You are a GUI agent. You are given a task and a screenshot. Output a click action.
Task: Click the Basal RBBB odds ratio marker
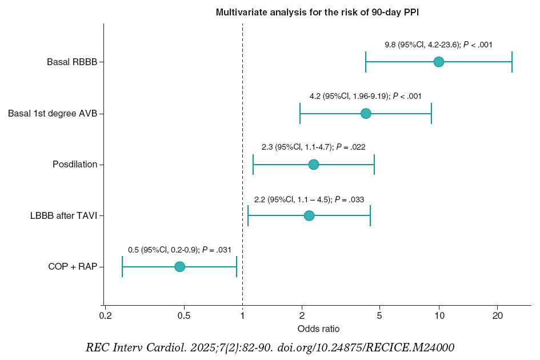pos(438,62)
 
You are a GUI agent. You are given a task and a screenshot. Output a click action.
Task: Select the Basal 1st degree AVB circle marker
pos(366,113)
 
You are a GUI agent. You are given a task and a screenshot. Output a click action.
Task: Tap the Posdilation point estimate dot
pos(313,165)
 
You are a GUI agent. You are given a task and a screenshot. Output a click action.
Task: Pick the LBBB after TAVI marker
pos(309,215)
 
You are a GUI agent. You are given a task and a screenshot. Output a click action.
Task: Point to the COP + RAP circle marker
pos(179,267)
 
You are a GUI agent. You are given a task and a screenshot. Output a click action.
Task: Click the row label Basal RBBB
pos(71,62)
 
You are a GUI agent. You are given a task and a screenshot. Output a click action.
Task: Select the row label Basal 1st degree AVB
pos(52,114)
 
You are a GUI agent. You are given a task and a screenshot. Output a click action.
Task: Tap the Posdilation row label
pos(74,165)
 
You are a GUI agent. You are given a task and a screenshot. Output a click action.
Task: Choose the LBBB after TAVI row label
pos(63,216)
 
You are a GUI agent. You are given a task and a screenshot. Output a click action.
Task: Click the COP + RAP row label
pos(72,267)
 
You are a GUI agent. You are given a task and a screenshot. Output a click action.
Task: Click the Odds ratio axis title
pos(318,329)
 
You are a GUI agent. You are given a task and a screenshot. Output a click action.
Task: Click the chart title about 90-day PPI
pos(317,12)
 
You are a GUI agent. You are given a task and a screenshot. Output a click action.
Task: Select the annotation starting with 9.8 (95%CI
pos(438,45)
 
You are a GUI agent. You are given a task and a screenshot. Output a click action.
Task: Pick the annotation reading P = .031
pos(178,250)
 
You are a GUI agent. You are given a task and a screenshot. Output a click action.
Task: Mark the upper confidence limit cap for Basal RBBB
pos(511,62)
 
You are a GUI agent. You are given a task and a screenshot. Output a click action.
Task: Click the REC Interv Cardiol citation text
pos(270,347)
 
